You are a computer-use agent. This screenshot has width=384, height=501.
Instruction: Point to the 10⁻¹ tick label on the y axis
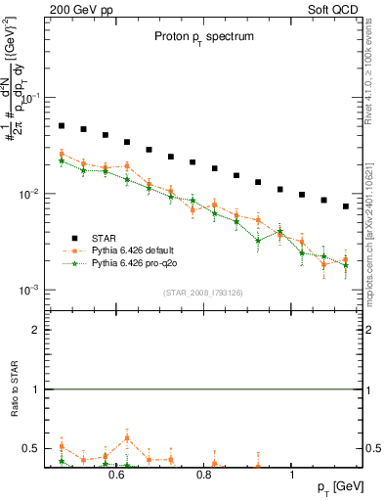point(29,99)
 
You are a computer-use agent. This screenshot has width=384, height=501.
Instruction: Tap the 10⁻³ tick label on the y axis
point(29,291)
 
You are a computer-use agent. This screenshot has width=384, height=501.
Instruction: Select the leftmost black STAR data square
point(62,126)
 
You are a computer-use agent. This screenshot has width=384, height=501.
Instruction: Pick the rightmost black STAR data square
point(346,206)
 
